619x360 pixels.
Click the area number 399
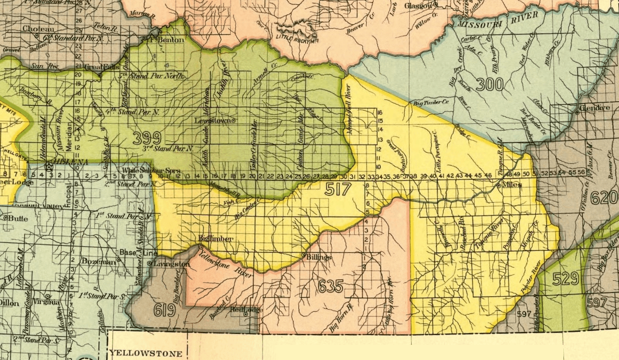tap(147, 138)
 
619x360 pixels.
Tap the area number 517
tap(338, 189)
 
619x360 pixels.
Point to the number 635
tap(330, 287)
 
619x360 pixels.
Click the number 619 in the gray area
tap(165, 310)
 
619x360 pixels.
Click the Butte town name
tap(19, 219)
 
